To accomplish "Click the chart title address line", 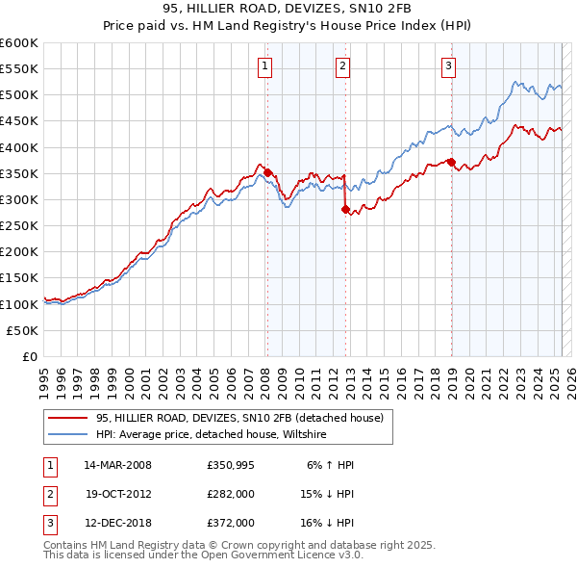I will (288, 9).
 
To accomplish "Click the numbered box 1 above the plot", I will (263, 65).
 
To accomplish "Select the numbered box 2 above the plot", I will (342, 65).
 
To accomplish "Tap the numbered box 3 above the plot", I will (448, 65).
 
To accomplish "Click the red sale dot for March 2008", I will (268, 173).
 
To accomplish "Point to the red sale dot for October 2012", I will (346, 209).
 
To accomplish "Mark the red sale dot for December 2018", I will (451, 162).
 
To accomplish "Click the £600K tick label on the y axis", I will (19, 43).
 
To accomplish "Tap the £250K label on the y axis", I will (19, 225).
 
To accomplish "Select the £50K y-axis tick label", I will (23, 330).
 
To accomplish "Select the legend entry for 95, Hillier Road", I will (239, 418).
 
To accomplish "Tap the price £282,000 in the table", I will (230, 494).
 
